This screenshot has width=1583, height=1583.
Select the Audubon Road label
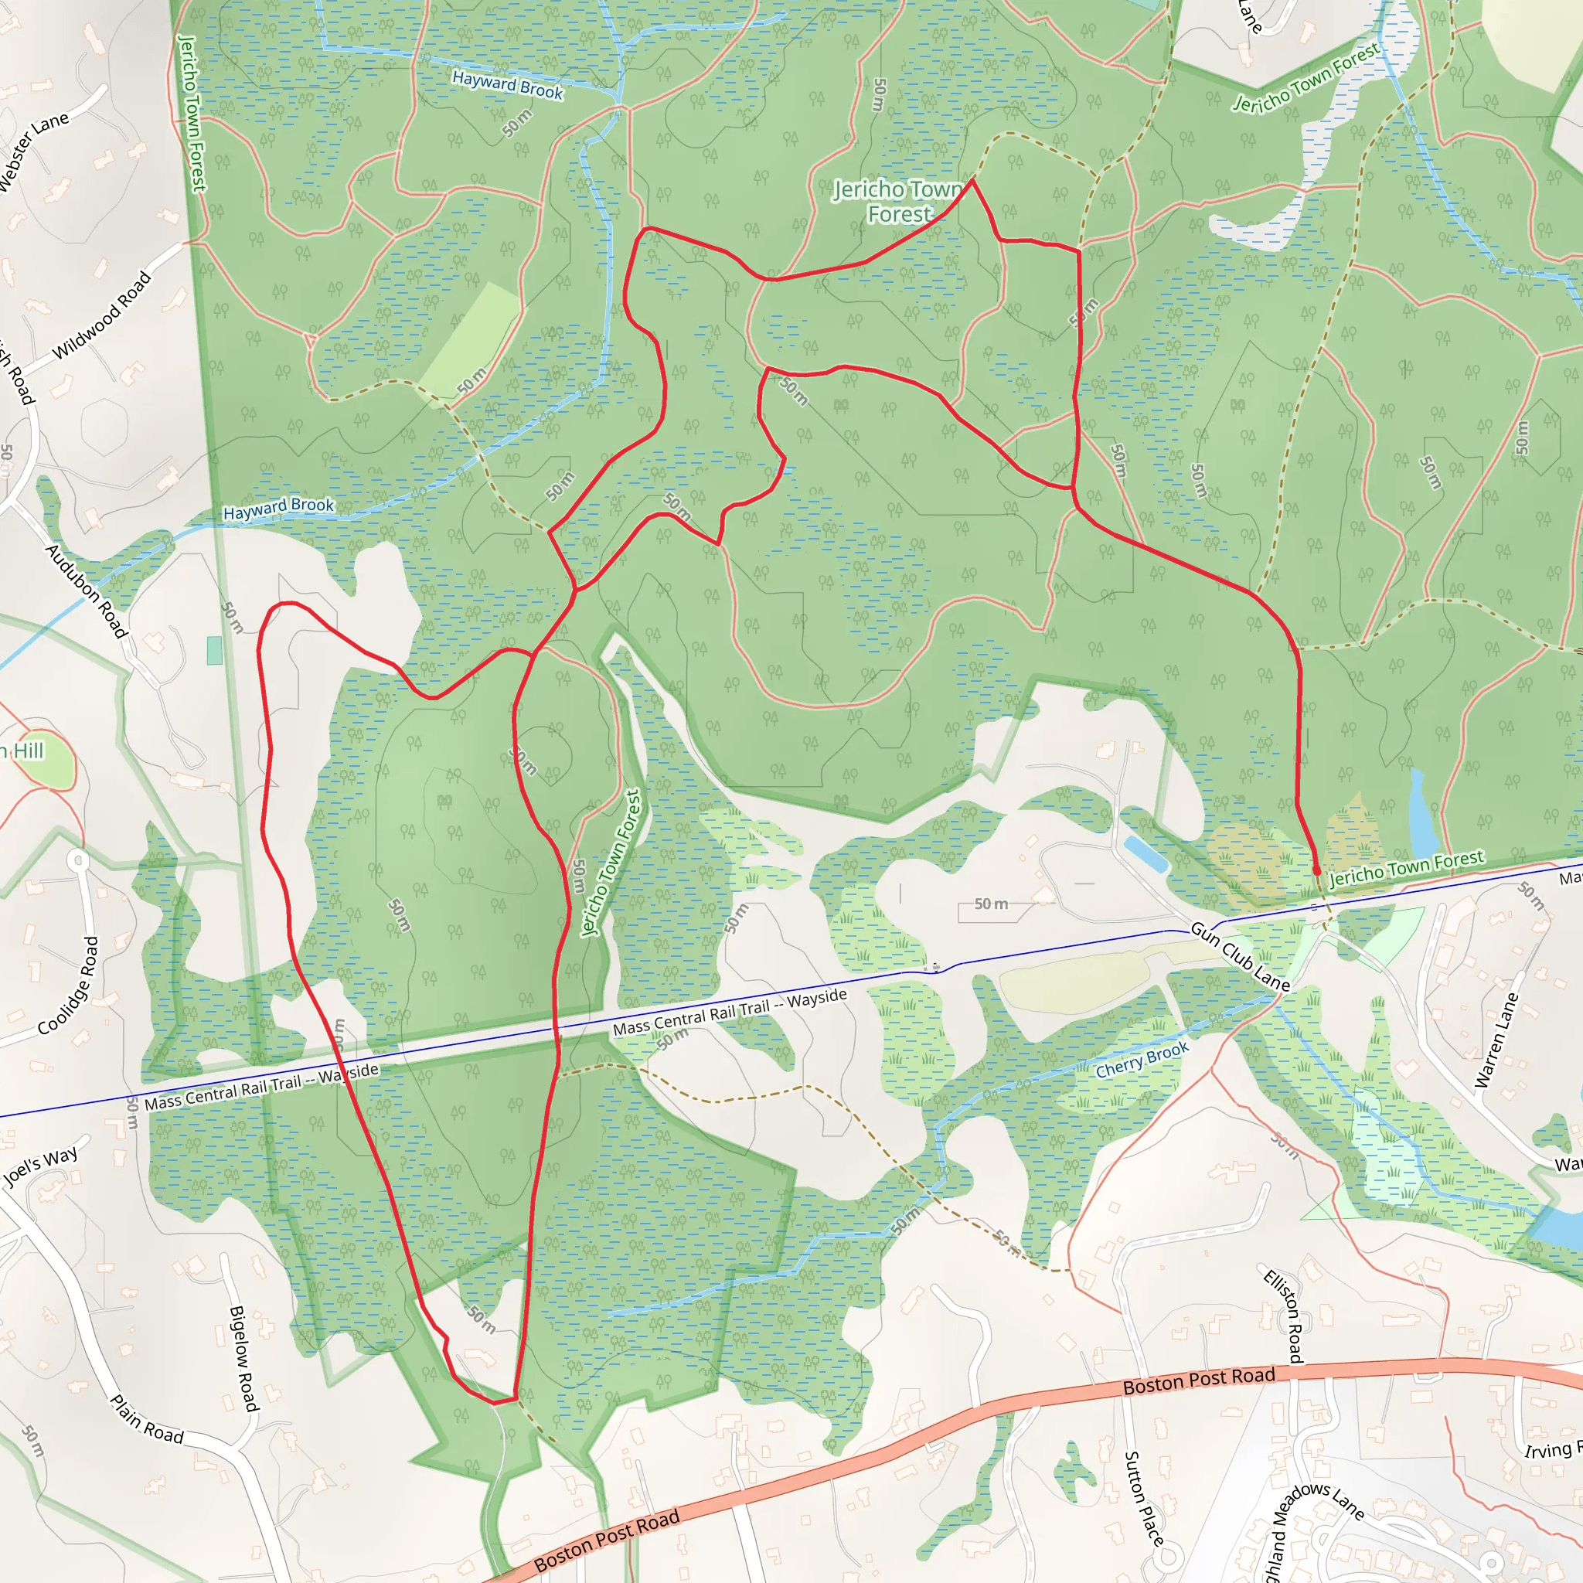click(x=87, y=591)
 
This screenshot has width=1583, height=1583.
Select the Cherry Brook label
click(x=1142, y=1060)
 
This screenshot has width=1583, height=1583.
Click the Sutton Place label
click(x=1144, y=1499)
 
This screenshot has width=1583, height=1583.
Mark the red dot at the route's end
click(x=1316, y=871)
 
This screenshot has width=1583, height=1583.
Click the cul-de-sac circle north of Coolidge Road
click(x=78, y=860)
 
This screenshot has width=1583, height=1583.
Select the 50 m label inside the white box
click(x=991, y=904)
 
